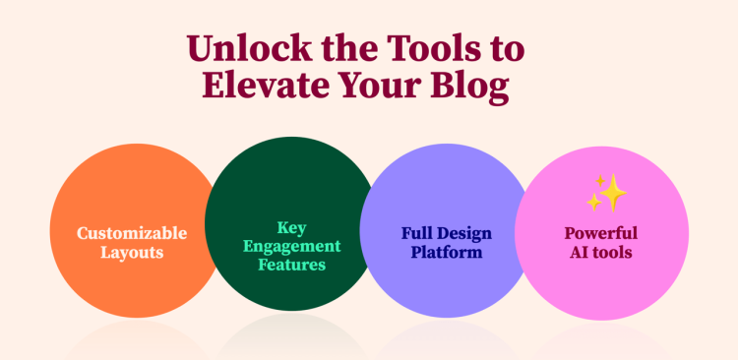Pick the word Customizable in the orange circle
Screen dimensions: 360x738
click(x=132, y=233)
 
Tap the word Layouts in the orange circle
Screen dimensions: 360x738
click(x=132, y=253)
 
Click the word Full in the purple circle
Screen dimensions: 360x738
click(x=418, y=233)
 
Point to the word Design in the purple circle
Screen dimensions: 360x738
click(x=463, y=233)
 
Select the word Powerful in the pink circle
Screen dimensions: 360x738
click(x=600, y=233)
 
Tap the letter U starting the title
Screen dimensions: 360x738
click(x=200, y=49)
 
